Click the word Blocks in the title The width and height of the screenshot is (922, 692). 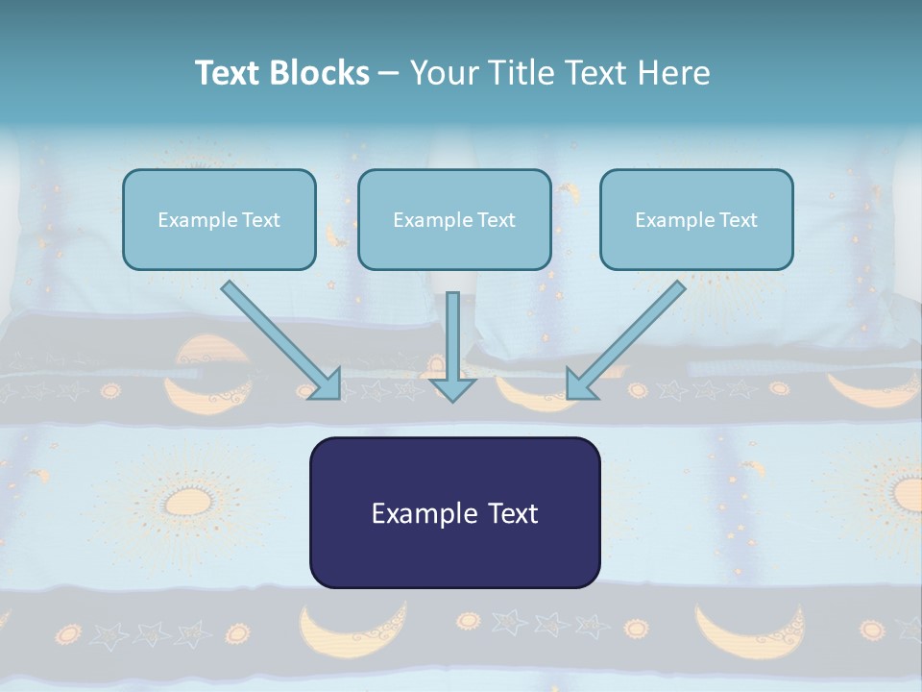click(319, 73)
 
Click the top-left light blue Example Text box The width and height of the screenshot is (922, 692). click(219, 219)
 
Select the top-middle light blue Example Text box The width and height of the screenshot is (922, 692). click(454, 219)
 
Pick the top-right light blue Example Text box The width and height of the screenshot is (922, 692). click(697, 219)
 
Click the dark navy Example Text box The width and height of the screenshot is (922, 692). click(455, 512)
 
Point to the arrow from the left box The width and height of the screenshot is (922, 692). click(281, 340)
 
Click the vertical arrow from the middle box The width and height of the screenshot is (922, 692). click(452, 347)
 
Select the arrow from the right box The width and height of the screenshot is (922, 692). click(625, 340)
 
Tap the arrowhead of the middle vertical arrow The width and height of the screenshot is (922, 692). click(452, 390)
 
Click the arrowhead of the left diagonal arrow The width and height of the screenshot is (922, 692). click(327, 386)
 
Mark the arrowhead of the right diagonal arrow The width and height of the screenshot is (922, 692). click(580, 386)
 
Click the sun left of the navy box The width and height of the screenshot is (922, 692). click(188, 503)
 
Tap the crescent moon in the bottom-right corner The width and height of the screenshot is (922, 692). click(748, 632)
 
